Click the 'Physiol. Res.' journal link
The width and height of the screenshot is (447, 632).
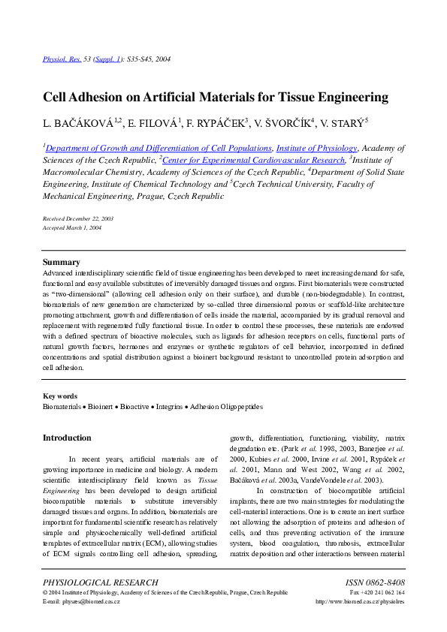click(x=59, y=58)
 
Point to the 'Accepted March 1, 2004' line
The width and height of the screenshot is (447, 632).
click(x=72, y=227)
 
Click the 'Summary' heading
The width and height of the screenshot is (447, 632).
click(x=61, y=262)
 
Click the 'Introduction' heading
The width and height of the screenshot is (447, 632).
click(x=67, y=438)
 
